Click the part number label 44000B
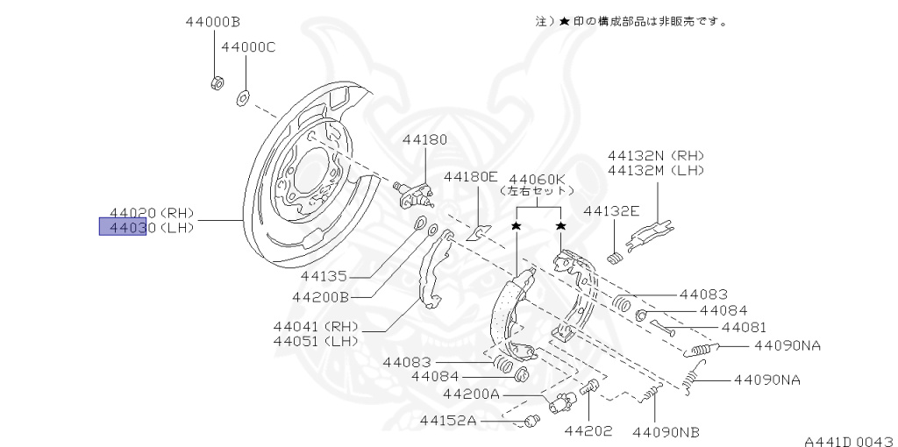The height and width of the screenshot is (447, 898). [x=213, y=21]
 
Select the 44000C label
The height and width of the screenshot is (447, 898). [x=248, y=46]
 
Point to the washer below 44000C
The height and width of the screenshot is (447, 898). [x=242, y=96]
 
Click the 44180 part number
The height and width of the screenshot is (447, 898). [x=425, y=139]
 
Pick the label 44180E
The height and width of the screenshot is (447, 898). [x=470, y=176]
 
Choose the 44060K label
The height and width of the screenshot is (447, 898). [x=537, y=176]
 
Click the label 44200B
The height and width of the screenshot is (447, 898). [x=321, y=297]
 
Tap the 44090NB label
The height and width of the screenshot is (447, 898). [x=666, y=431]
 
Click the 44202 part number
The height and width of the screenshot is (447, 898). [x=588, y=431]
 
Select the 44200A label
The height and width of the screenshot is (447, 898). [x=472, y=394]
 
